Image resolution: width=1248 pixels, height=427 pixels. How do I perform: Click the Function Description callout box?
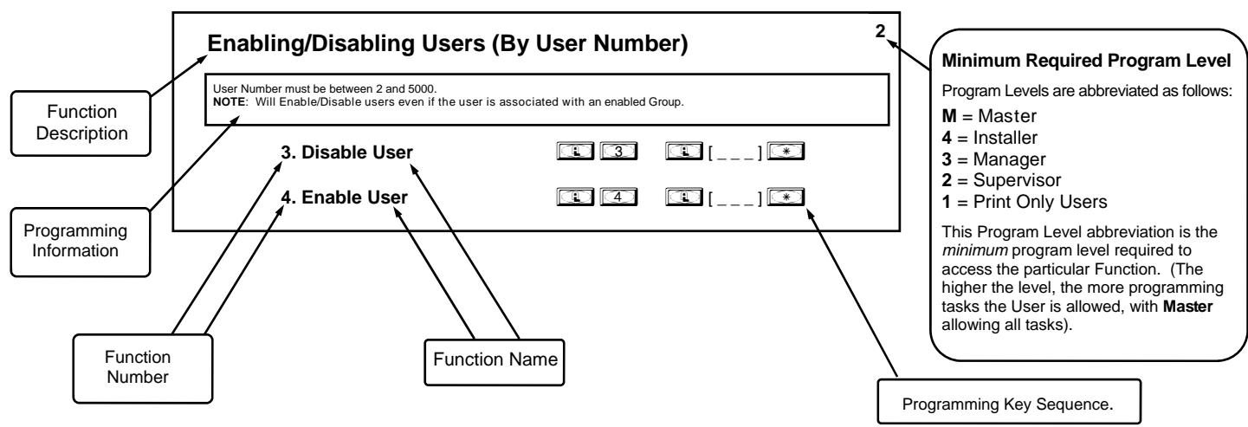pyautogui.click(x=81, y=123)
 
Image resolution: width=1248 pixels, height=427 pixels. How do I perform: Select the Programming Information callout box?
pyautogui.click(x=81, y=243)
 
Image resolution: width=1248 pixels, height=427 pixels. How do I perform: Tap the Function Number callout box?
pyautogui.click(x=143, y=368)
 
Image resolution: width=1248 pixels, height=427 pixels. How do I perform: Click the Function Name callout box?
pyautogui.click(x=495, y=362)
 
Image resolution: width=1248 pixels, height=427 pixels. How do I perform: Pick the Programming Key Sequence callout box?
pyautogui.click(x=1009, y=402)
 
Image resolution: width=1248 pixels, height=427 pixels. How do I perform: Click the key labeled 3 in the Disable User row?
pyautogui.click(x=618, y=152)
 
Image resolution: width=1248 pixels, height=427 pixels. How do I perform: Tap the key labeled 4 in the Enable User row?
pyautogui.click(x=618, y=197)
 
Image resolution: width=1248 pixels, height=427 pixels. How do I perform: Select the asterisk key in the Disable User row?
pyautogui.click(x=786, y=152)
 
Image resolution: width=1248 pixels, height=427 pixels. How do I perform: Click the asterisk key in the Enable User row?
pyautogui.click(x=786, y=197)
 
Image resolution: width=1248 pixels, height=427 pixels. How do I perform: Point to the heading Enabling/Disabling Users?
pyautogui.click(x=346, y=43)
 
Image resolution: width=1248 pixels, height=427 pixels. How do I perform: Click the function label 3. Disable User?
pyautogui.click(x=346, y=152)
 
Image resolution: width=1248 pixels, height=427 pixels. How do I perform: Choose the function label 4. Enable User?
pyautogui.click(x=344, y=197)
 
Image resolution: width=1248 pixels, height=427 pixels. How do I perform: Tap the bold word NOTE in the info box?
pyautogui.click(x=229, y=102)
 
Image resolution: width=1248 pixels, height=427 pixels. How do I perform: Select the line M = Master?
pyautogui.click(x=989, y=116)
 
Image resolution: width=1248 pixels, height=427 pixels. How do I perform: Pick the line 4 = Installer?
pyautogui.click(x=990, y=138)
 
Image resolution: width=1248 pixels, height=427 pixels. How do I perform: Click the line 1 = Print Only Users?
pyautogui.click(x=1024, y=202)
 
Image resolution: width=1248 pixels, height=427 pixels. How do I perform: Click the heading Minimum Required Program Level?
pyautogui.click(x=1086, y=61)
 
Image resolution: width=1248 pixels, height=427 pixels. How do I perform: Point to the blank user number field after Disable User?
pyautogui.click(x=735, y=153)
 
